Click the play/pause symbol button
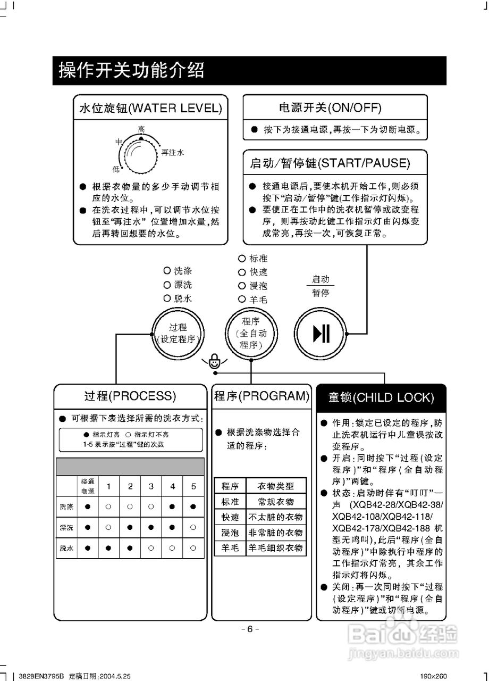[x=321, y=334]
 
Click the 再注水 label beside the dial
[x=173, y=152]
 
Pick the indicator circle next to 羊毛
[x=242, y=300]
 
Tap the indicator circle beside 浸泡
[x=242, y=286]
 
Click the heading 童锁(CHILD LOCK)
[x=381, y=397]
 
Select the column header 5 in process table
[x=193, y=486]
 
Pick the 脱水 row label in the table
[x=66, y=547]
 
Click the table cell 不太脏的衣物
[x=276, y=517]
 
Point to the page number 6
[x=250, y=629]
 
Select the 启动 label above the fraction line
[x=321, y=279]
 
